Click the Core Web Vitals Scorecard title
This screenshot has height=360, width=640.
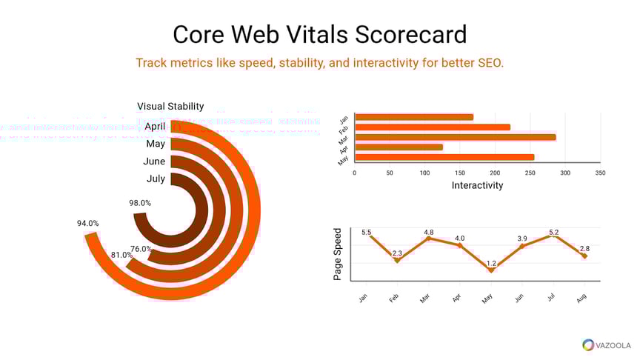click(x=320, y=34)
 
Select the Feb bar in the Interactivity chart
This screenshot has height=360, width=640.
click(x=433, y=127)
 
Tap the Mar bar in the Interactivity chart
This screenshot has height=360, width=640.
click(x=455, y=137)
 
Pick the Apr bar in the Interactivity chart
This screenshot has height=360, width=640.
click(x=399, y=147)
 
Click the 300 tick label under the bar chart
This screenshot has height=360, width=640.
click(x=565, y=173)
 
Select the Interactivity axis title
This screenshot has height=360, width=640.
click(x=477, y=185)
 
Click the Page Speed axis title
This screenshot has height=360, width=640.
click(x=339, y=254)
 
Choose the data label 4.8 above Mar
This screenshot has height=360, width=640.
click(x=428, y=233)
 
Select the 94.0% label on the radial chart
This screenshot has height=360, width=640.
click(x=87, y=223)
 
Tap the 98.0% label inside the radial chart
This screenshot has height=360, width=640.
click(x=140, y=203)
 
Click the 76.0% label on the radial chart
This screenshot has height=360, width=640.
click(x=141, y=249)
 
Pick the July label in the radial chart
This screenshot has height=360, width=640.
click(x=156, y=179)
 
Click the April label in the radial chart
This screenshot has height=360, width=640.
click(x=154, y=126)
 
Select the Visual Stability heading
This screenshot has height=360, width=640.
click(x=170, y=106)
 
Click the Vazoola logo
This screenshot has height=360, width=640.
click(x=607, y=344)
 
